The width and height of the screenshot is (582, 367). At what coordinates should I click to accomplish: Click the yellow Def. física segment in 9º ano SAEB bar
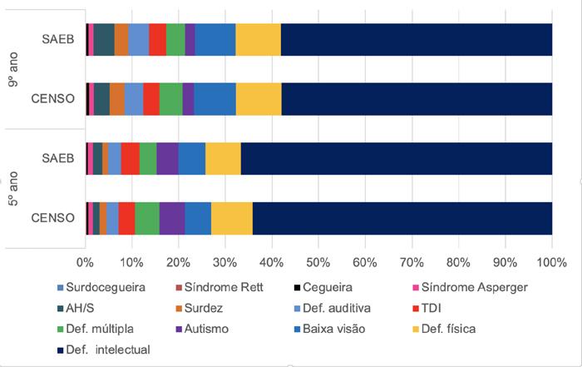point(259,40)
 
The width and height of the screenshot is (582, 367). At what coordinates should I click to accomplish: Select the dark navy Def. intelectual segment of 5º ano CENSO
point(402,218)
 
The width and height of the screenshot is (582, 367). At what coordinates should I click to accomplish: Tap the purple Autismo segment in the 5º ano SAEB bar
point(167,158)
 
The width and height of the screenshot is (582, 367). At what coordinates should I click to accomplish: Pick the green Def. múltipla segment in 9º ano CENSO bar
point(170,99)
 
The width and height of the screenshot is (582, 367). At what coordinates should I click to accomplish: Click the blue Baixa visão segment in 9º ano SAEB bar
point(215,40)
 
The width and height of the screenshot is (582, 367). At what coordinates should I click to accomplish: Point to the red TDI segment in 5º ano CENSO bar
point(126,218)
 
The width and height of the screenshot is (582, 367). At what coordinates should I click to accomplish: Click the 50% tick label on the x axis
point(318,263)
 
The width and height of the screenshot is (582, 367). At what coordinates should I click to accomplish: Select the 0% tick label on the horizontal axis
point(86,263)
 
